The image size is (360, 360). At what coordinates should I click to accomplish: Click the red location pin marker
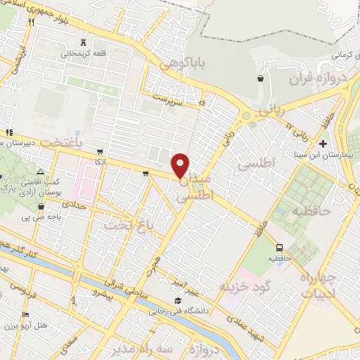pos(181,165)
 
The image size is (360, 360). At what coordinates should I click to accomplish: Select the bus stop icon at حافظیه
pos(281,247)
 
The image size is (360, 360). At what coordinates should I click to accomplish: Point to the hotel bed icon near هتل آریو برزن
pos(26,314)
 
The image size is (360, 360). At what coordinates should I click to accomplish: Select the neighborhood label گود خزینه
pos(244,287)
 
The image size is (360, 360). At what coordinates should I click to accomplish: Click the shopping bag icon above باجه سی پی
pos(43,207)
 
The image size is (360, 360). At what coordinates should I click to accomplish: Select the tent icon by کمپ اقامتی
pos(40,171)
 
